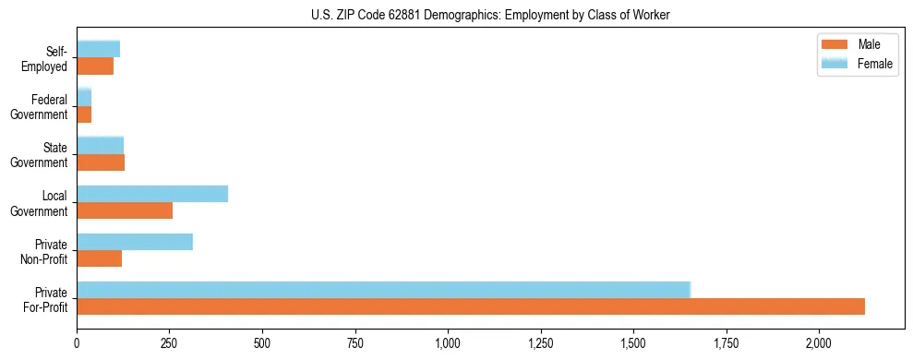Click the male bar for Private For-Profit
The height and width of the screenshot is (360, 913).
471,306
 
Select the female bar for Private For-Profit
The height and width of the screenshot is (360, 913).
383,290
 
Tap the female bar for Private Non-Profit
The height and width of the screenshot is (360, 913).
135,242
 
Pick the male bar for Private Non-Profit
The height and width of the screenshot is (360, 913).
100,258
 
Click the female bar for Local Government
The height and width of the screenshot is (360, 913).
152,194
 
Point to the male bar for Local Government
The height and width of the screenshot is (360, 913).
125,210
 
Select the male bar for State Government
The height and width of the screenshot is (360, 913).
101,162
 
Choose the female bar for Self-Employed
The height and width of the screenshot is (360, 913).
99,50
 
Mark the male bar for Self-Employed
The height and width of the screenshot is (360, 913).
95,66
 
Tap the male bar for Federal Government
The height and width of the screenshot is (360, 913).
84,114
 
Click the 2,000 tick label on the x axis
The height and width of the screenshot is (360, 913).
819,343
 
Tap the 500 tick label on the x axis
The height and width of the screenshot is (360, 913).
262,343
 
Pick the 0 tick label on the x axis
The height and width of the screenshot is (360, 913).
78,343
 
